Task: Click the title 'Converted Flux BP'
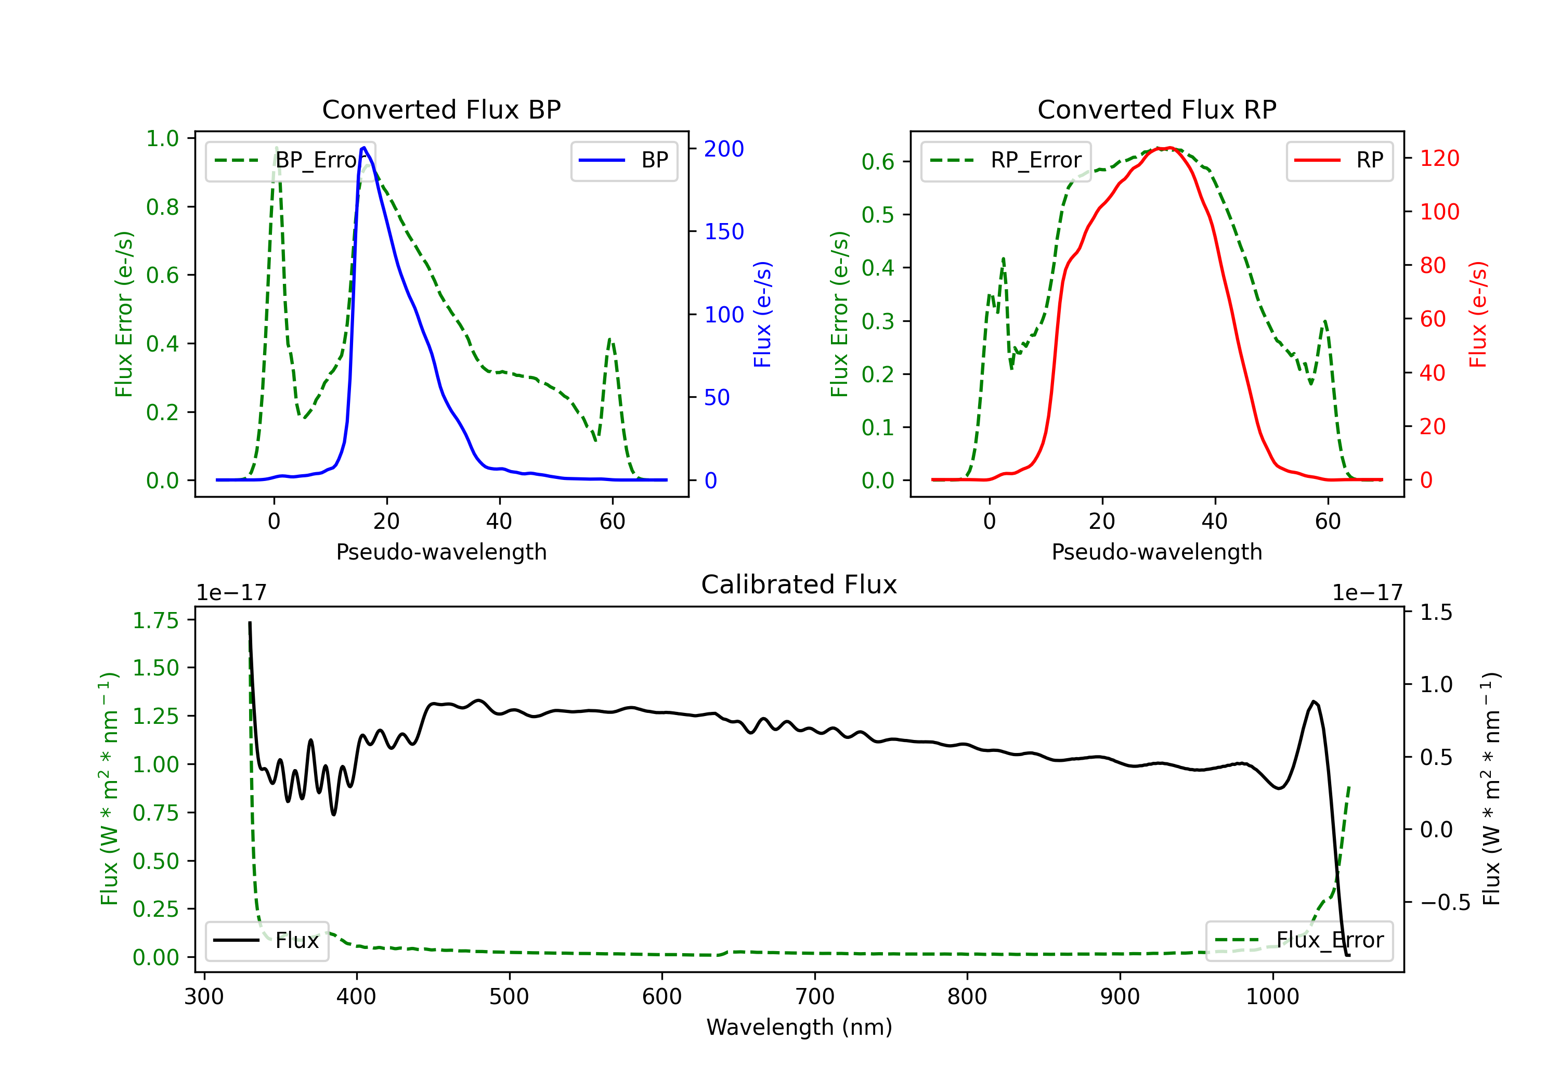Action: [x=441, y=109]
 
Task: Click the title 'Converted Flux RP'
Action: [x=1156, y=109]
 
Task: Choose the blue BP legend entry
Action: [x=623, y=160]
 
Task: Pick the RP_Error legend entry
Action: [x=1006, y=160]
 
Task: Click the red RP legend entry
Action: [x=1339, y=160]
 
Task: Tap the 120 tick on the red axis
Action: [x=1439, y=158]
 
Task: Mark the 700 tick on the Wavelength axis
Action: [x=815, y=996]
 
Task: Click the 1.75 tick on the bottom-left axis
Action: [x=155, y=620]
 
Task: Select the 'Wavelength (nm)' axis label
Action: [x=799, y=1027]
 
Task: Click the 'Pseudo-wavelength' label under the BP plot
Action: [x=441, y=552]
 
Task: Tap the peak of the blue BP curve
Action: [x=364, y=148]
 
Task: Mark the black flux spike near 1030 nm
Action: [x=1314, y=702]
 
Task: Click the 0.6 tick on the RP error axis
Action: [x=877, y=162]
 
